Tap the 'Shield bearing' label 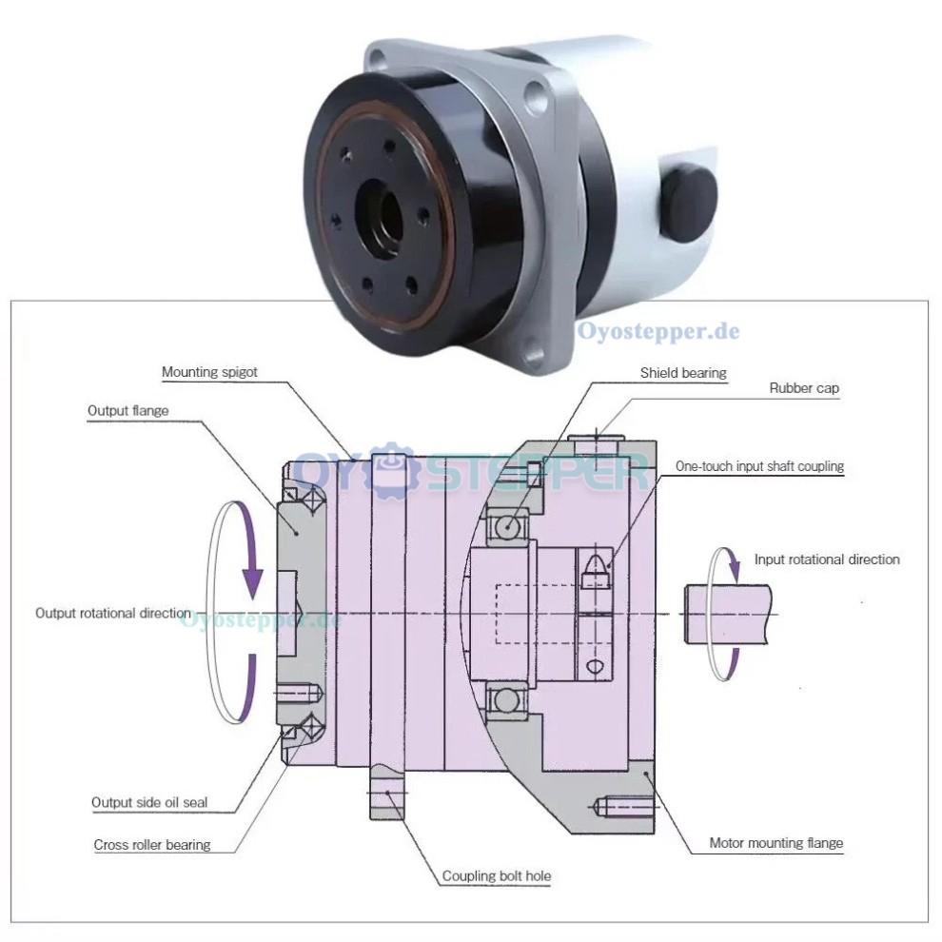(683, 373)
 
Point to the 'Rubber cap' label (804, 388)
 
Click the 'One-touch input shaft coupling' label (759, 466)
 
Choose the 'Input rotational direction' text (826, 559)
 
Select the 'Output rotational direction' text (112, 613)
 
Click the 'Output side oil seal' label (149, 802)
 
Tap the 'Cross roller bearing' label (152, 844)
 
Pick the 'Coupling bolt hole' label (496, 875)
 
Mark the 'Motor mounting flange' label (775, 843)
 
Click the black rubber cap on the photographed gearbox (689, 201)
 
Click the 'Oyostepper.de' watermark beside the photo (658, 332)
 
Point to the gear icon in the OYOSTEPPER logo (385, 470)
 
